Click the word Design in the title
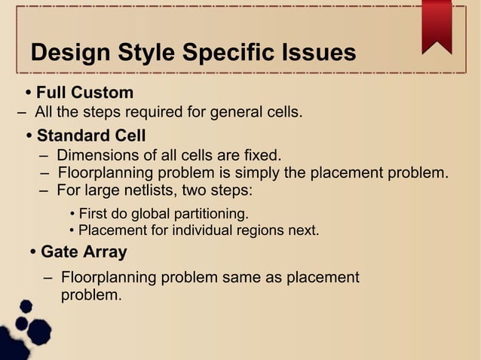coord(72,53)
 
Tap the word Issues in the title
coord(312,53)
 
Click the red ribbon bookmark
coord(437,26)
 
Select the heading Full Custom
coord(84,93)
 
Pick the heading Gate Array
coord(84,252)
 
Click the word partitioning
coord(207,213)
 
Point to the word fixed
coord(262,156)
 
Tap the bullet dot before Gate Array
coord(33,252)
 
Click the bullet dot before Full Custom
coord(29,93)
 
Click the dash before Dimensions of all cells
coord(44,157)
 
